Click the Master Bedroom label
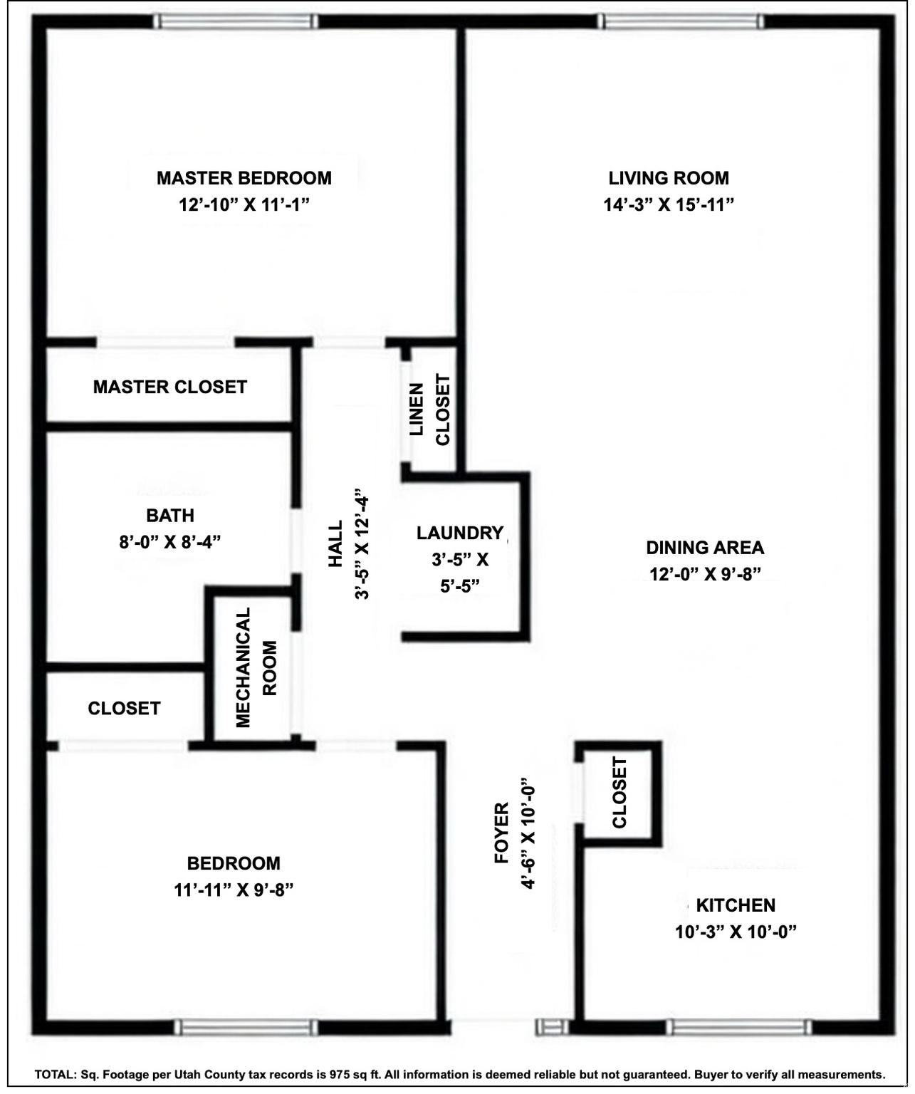click(244, 178)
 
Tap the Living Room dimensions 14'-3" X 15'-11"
click(669, 205)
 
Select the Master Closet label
click(169, 387)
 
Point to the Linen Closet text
click(429, 410)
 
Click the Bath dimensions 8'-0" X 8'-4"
click(169, 542)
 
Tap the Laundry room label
click(459, 533)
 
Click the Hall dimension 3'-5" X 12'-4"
click(362, 544)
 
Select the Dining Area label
click(705, 548)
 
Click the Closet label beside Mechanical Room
click(124, 709)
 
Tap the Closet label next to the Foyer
click(619, 792)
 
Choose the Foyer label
click(502, 833)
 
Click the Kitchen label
click(736, 906)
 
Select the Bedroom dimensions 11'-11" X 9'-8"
click(234, 890)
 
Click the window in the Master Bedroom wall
click(236, 21)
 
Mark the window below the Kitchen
click(740, 1027)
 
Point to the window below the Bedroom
click(246, 1027)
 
